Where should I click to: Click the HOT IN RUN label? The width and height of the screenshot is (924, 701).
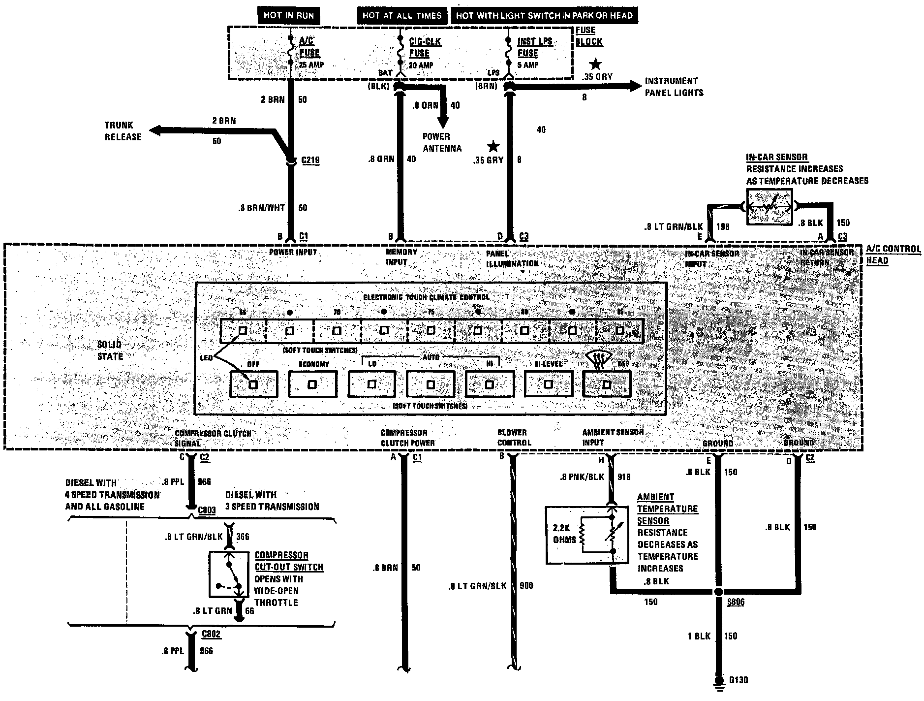288,15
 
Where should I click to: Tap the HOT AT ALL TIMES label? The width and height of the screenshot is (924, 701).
402,15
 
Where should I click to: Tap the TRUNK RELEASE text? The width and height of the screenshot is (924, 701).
123,131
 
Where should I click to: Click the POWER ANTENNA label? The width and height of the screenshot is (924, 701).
442,142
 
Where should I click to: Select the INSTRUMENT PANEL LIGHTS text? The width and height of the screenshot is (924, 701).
674,87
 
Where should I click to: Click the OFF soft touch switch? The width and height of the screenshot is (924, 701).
253,384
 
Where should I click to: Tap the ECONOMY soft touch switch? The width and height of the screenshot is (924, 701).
312,384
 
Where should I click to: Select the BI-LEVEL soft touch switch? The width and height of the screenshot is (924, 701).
548,384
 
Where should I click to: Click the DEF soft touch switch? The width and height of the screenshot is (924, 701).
607,384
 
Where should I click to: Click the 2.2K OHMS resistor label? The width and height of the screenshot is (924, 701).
564,533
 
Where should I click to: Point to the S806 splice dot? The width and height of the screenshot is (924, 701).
718,591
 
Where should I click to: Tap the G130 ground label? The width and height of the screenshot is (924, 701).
738,680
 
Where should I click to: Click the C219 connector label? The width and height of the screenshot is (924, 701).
310,160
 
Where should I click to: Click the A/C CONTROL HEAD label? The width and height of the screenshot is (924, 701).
893,254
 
